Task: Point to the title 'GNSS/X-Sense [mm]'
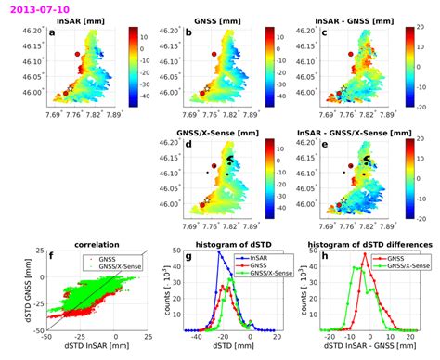click(213, 134)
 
